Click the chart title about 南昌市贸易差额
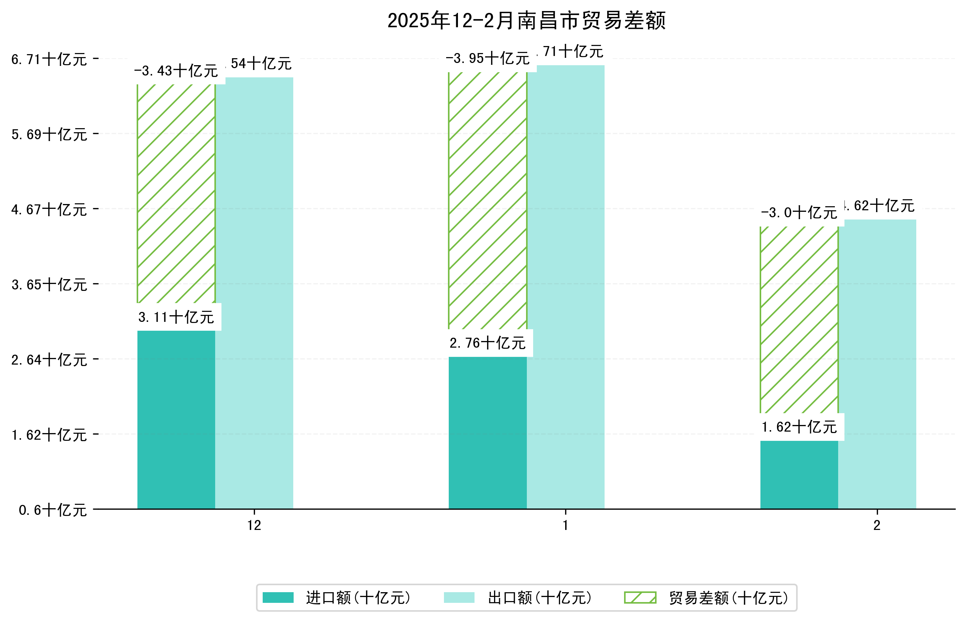526,21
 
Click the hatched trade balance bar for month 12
176,194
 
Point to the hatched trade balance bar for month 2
799,319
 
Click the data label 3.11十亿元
176,317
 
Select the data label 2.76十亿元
488,343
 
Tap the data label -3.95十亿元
488,59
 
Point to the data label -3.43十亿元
176,71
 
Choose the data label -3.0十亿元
799,213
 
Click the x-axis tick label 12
254,526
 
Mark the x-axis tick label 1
565,526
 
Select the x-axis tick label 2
877,526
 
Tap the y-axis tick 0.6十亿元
53,510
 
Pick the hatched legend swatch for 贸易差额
640,598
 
